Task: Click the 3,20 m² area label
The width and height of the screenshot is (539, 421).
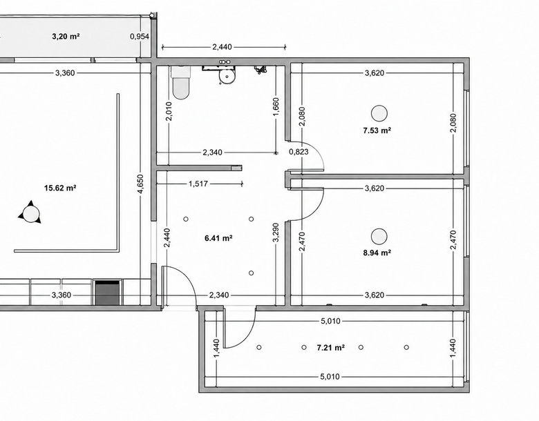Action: [66, 36]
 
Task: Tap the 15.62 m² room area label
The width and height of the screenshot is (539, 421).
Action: [60, 188]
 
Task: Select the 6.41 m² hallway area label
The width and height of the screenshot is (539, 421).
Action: [218, 237]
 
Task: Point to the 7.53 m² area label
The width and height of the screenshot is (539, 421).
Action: [377, 130]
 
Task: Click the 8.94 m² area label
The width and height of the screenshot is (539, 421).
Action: [377, 253]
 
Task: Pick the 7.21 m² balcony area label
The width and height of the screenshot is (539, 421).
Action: [331, 348]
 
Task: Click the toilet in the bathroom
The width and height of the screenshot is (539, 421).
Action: [181, 82]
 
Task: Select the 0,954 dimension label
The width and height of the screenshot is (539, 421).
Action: [140, 36]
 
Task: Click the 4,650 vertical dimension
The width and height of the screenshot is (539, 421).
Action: [140, 184]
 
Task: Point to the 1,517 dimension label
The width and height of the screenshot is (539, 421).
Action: [198, 184]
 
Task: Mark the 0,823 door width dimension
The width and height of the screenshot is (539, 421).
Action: [299, 151]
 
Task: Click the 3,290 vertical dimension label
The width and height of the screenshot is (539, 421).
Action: [276, 233]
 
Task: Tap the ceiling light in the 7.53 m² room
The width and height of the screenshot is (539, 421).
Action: [379, 113]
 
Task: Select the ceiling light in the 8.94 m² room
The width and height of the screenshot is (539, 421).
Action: [379, 236]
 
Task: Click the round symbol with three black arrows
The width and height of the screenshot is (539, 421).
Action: [30, 213]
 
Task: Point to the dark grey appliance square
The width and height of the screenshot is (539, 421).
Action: [108, 293]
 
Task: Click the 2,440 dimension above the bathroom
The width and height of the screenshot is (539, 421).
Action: [222, 47]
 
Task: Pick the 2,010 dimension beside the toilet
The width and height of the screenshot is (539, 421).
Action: [169, 111]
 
